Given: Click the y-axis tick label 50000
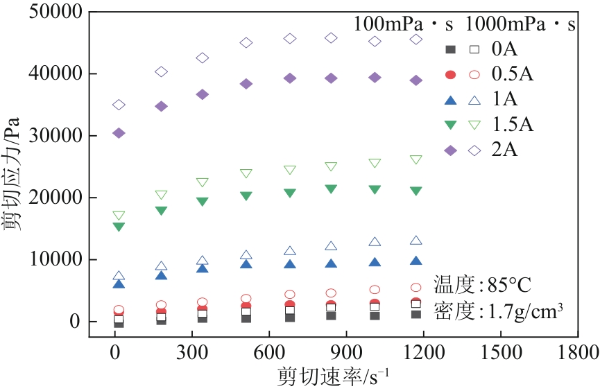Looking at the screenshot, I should coord(56,12).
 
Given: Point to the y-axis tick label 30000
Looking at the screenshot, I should coord(56,136).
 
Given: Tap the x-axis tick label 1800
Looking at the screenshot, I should coord(577,351).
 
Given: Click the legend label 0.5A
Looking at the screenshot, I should coord(513,73).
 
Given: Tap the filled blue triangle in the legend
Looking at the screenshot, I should coord(450,99).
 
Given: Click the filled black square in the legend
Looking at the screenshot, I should coord(450,49).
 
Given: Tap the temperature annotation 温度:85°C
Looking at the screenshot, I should coord(483,284).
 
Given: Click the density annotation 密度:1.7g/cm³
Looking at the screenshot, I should coord(497,311).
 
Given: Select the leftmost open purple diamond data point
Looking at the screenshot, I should coord(119,105).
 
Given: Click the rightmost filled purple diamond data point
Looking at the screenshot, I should coord(416,80).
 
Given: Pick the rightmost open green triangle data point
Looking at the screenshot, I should coord(416,159).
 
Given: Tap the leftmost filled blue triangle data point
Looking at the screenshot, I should coord(119,284).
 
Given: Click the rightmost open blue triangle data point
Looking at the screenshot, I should coord(416,241).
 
